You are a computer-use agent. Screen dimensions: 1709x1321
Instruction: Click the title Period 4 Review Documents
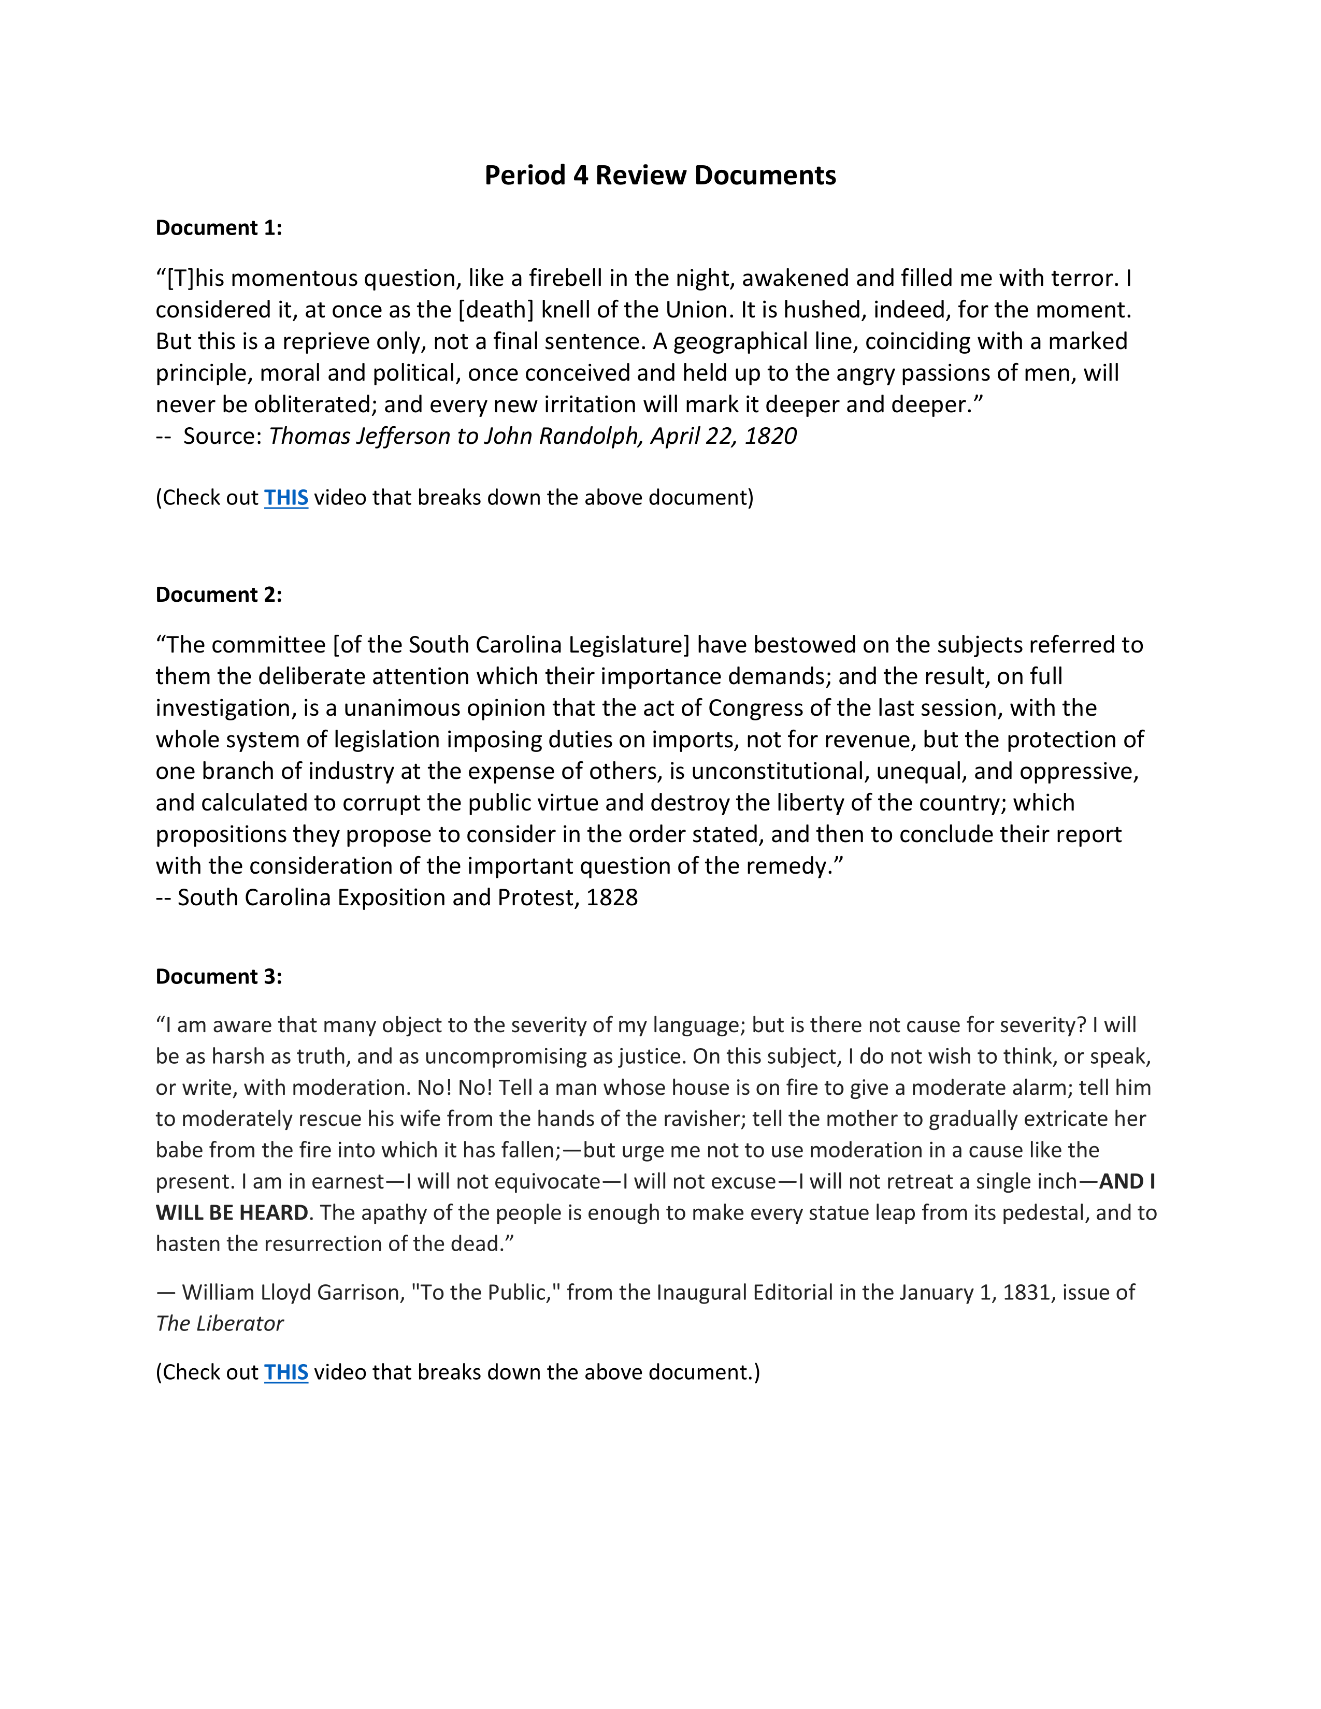tap(659, 175)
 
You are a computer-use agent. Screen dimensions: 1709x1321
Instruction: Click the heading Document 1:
tap(218, 228)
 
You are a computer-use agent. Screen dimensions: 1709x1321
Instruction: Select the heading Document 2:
tap(218, 595)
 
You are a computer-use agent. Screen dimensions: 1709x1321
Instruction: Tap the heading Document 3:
tap(218, 977)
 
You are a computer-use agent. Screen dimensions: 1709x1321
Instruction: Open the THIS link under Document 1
tap(285, 498)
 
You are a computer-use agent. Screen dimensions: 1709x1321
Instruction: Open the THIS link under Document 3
tap(285, 1372)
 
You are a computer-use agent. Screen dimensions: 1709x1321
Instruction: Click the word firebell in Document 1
tap(565, 279)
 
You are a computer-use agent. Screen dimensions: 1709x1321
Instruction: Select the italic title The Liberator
tap(219, 1323)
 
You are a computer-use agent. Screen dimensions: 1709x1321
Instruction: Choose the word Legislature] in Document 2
tap(629, 645)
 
